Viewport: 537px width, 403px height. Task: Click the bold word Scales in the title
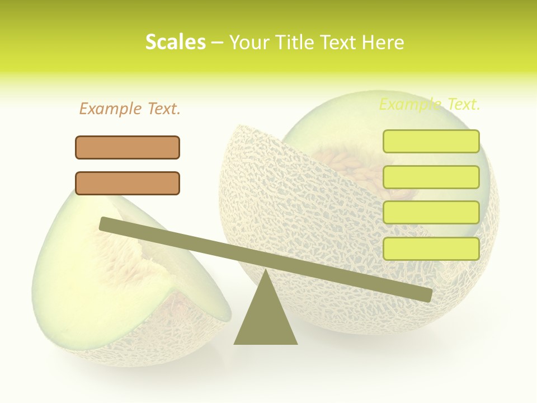coord(175,42)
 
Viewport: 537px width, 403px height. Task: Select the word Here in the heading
coord(383,42)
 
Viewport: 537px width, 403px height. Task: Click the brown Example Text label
coord(130,109)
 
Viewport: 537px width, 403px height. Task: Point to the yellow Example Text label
coord(430,104)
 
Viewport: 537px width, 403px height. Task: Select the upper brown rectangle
coord(128,147)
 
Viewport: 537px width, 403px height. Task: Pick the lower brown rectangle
coord(128,183)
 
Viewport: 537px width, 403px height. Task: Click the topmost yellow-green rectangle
coord(431,141)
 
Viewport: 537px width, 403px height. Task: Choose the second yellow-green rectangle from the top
coord(431,177)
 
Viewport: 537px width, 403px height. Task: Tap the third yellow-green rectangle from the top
coord(431,213)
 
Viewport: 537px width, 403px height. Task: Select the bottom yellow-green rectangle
coord(431,249)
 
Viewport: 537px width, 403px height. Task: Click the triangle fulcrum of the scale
coord(266,319)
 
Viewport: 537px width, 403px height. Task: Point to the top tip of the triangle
coord(266,271)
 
